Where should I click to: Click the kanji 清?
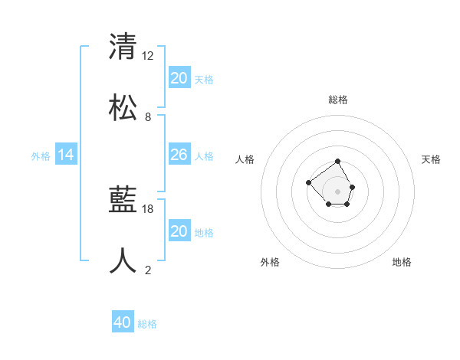coord(123,47)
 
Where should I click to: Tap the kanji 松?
coord(123,108)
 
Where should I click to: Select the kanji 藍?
coord(123,201)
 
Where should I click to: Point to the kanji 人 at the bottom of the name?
coord(123,261)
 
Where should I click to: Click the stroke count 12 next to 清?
coord(149,55)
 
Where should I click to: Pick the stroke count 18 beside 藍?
coord(149,208)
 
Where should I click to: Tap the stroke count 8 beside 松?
coord(148,117)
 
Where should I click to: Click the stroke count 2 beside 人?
coord(148,270)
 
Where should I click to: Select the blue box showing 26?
coord(179,155)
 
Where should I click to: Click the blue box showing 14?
coord(66,155)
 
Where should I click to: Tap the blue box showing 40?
coord(123,322)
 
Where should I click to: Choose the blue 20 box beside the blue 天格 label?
coord(179,78)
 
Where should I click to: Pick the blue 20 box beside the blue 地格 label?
coord(179,231)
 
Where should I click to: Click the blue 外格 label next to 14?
coord(41,156)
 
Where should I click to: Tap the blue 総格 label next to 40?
coord(147,324)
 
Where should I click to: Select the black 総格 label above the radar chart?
coord(338,100)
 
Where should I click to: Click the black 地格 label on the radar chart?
coord(402,262)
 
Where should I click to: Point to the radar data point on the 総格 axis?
coord(338,162)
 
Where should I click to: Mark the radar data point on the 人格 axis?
coord(308,182)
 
